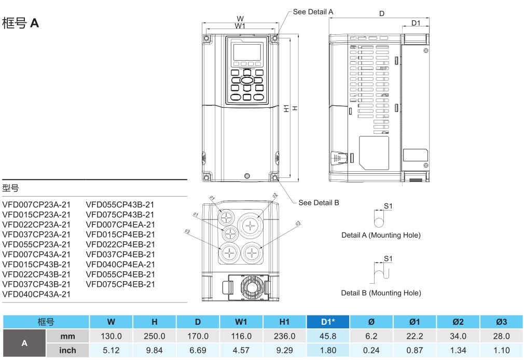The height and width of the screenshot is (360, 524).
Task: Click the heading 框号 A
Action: [x=21, y=23]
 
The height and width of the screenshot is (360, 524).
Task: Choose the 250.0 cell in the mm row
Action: [x=154, y=336]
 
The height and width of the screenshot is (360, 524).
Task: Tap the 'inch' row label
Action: [x=67, y=350]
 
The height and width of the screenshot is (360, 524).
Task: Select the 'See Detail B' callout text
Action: [x=319, y=202]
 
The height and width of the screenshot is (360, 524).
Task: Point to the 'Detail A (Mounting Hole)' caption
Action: [x=381, y=235]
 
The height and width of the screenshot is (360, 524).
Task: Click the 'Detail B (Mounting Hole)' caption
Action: [x=381, y=293]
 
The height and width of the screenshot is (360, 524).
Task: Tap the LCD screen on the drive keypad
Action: [x=246, y=52]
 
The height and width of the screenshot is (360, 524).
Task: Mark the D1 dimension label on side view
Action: [x=416, y=23]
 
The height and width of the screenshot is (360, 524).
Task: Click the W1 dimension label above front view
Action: [x=240, y=25]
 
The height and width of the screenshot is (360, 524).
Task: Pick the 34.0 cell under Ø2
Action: [x=459, y=336]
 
